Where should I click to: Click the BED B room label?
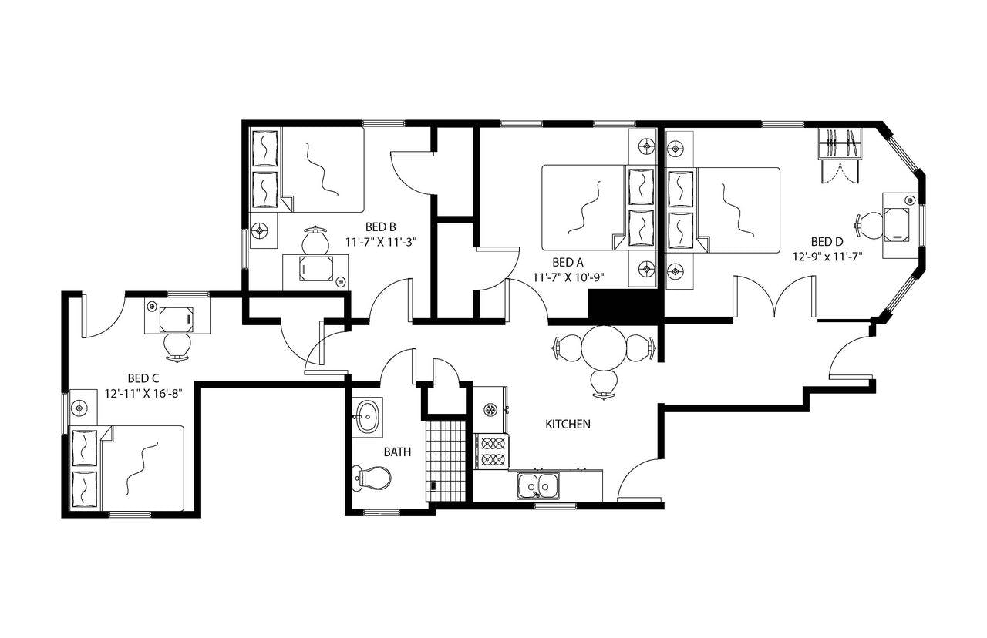coord(380,227)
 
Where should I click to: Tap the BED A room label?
coord(562,262)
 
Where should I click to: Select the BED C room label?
coord(143,378)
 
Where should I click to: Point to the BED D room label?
coord(827,240)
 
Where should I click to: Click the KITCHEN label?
coord(568,425)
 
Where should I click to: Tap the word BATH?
coord(397,452)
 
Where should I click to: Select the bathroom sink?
coord(367,418)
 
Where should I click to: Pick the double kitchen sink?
coord(538,485)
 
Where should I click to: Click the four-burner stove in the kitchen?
coord(491,452)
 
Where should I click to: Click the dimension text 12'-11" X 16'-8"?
coord(144,392)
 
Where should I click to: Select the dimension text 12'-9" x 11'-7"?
coord(827,254)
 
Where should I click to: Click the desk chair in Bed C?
coord(178,346)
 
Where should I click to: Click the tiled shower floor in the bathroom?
coord(446,459)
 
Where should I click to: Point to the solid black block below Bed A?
coord(625,304)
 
